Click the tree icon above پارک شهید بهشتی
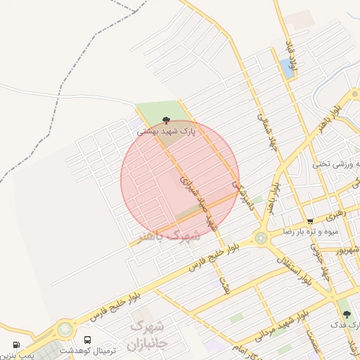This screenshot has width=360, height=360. click(166, 120)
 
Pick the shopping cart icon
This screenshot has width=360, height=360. click(310, 221)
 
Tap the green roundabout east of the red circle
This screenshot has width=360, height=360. click(262, 238)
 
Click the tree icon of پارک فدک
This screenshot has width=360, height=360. click(346, 314)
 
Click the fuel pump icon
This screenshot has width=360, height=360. click(15, 345)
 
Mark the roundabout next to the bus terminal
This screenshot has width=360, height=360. click(65, 329)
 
